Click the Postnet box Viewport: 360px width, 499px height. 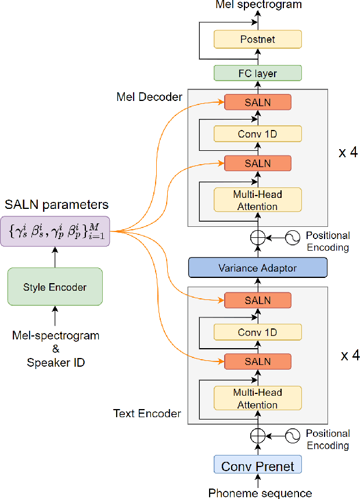click(x=258, y=39)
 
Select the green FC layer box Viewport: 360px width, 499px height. click(x=258, y=73)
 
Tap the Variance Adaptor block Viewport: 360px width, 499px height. click(x=258, y=267)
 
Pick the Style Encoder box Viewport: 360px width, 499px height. click(x=55, y=287)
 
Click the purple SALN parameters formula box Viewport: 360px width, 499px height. click(x=55, y=232)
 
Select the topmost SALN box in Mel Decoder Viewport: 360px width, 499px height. click(x=258, y=102)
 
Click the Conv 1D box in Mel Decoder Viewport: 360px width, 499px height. click(x=258, y=133)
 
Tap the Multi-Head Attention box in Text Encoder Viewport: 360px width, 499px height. click(x=258, y=398)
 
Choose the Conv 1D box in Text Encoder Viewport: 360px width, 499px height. click(x=258, y=332)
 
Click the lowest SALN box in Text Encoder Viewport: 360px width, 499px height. click(x=258, y=361)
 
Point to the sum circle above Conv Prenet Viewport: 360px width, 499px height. click(x=258, y=436)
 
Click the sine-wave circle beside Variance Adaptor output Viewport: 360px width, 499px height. click(x=293, y=238)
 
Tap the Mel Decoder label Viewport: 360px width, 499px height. click(x=149, y=97)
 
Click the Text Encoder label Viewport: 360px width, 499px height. click(x=147, y=413)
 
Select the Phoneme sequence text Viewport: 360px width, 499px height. click(x=260, y=493)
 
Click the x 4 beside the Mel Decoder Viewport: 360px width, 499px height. click(x=348, y=153)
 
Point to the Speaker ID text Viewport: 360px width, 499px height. click(x=56, y=363)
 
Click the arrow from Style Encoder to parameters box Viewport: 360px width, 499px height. click(x=55, y=258)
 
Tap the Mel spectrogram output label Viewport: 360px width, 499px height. click(x=258, y=5)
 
